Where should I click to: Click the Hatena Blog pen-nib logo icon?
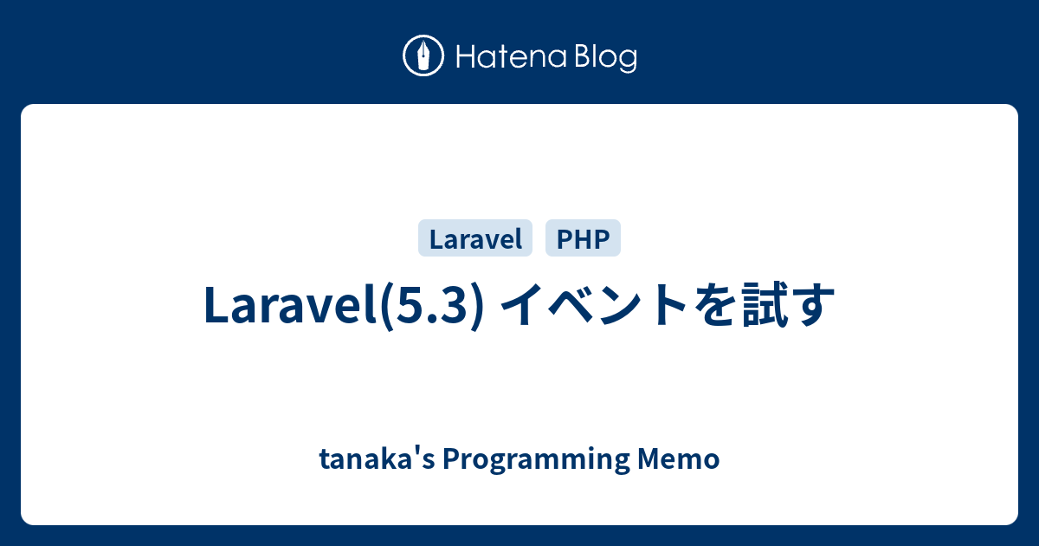coord(423,56)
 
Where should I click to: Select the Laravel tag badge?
coord(475,238)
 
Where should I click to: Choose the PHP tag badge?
coord(583,238)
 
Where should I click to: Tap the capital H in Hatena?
coord(462,58)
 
